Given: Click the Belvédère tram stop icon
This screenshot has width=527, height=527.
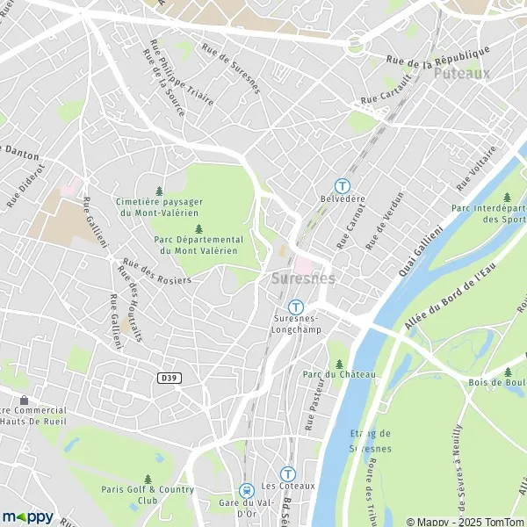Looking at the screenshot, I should [x=342, y=185].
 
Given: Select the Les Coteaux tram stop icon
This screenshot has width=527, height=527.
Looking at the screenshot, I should [x=287, y=473].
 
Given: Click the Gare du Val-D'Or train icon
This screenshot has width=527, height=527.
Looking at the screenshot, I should [x=247, y=490].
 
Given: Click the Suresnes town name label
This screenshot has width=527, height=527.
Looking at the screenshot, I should [x=303, y=278].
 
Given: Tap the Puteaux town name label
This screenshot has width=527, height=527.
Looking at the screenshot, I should [x=461, y=74].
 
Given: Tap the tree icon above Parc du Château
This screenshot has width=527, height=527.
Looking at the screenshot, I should [x=338, y=363].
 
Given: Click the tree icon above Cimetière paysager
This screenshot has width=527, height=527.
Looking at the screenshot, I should [x=159, y=191].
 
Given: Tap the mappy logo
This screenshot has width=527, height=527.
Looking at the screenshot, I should [x=27, y=516].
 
